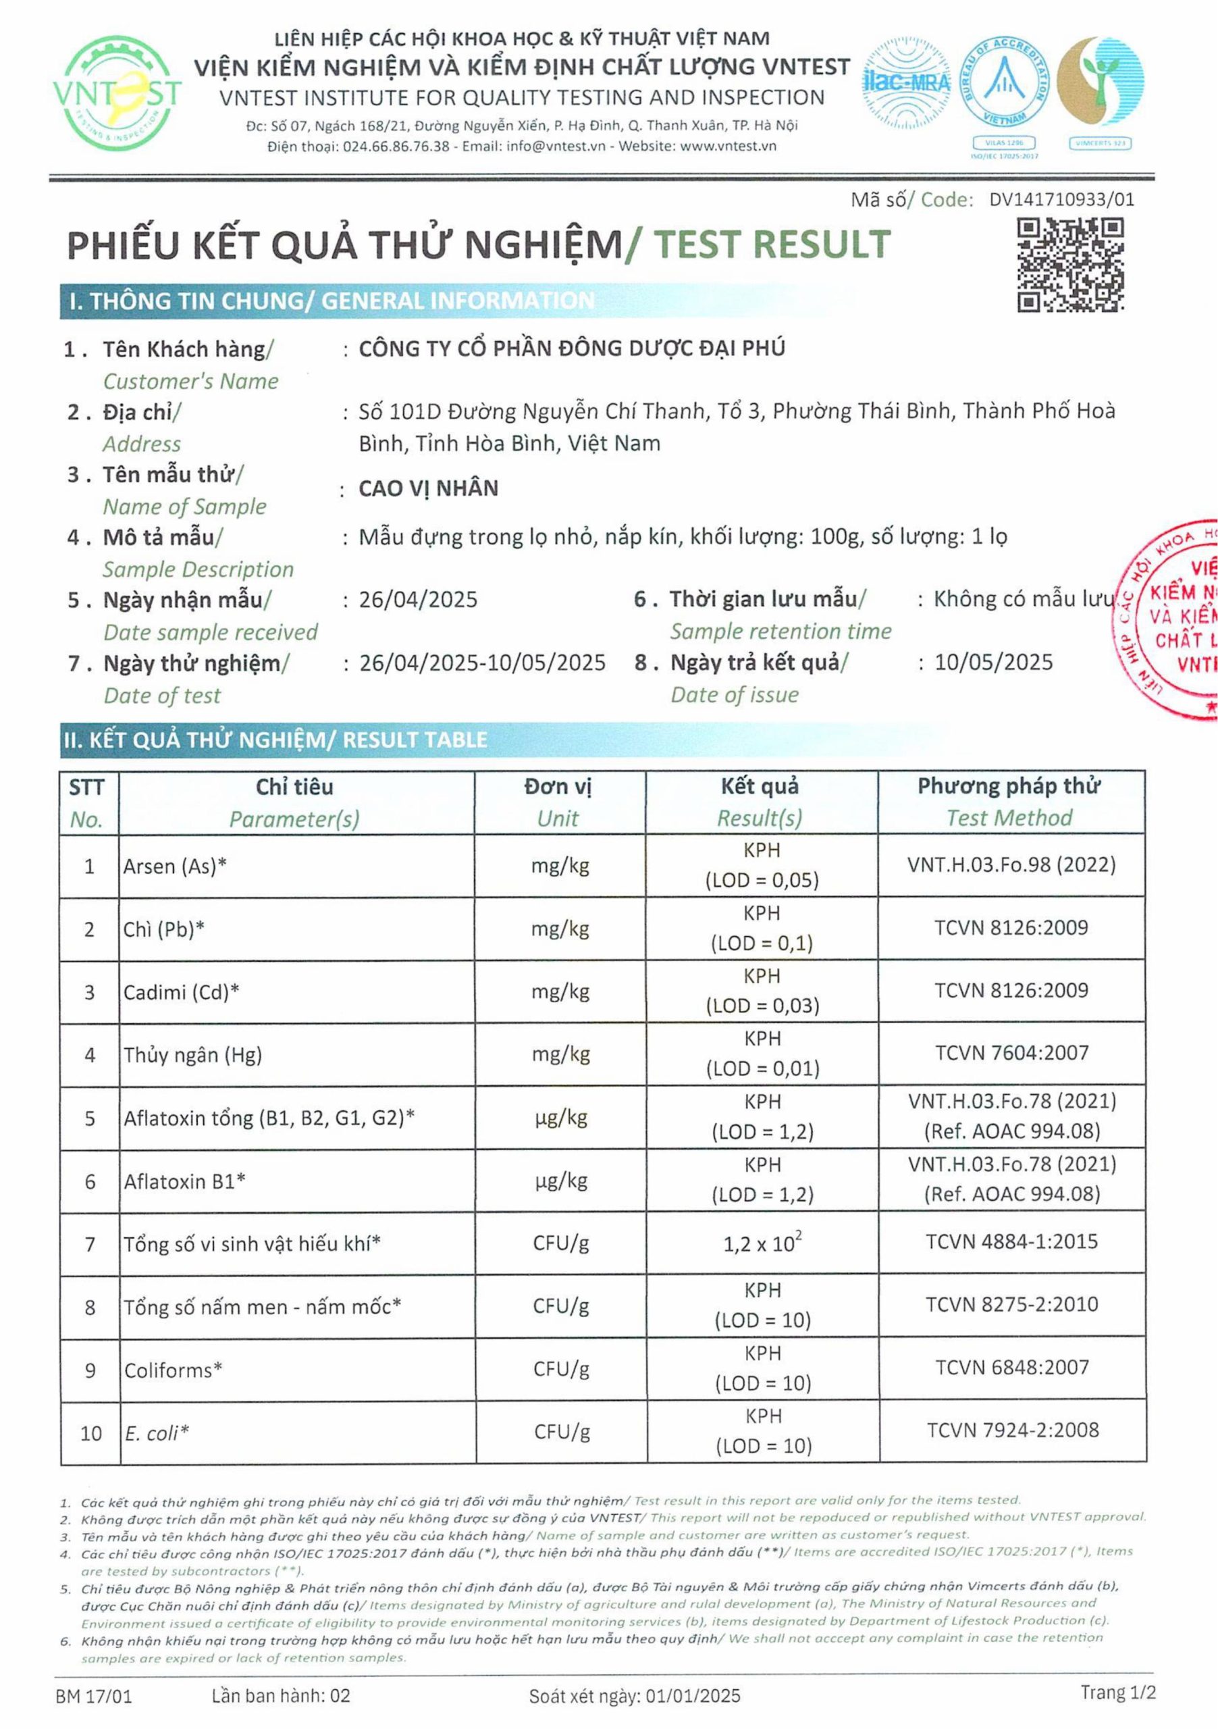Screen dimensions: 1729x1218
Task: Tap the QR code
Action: click(1070, 264)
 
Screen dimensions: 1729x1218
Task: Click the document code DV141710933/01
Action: click(1061, 199)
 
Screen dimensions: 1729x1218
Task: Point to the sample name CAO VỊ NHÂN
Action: click(428, 489)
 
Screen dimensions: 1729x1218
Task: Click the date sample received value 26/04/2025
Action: click(419, 600)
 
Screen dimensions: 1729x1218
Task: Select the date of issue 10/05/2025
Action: click(994, 663)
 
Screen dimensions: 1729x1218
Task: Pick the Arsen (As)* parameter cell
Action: click(176, 866)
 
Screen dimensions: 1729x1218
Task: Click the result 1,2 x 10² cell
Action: click(762, 1243)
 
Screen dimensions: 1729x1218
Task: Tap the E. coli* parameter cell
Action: click(157, 1433)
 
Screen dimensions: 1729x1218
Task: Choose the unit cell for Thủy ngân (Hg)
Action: click(560, 1054)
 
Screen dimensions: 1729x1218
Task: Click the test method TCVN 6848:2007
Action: click(1012, 1367)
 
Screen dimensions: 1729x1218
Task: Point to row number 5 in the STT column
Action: click(90, 1118)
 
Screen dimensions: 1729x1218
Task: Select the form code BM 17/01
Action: click(94, 1696)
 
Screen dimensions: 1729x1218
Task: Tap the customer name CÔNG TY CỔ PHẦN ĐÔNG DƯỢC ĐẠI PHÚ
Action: click(571, 349)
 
